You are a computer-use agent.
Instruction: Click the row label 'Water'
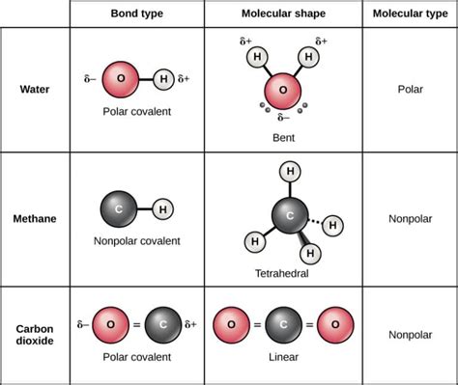point(36,91)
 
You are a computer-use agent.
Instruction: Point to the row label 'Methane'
point(36,219)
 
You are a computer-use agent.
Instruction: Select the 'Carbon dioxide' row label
point(36,334)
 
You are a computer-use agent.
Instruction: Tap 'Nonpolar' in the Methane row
point(410,219)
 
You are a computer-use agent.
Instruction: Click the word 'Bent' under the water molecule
point(283,138)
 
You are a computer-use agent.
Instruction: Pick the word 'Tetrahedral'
point(283,273)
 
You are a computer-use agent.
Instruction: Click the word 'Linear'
point(283,357)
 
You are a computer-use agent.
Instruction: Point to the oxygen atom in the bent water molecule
point(283,91)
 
